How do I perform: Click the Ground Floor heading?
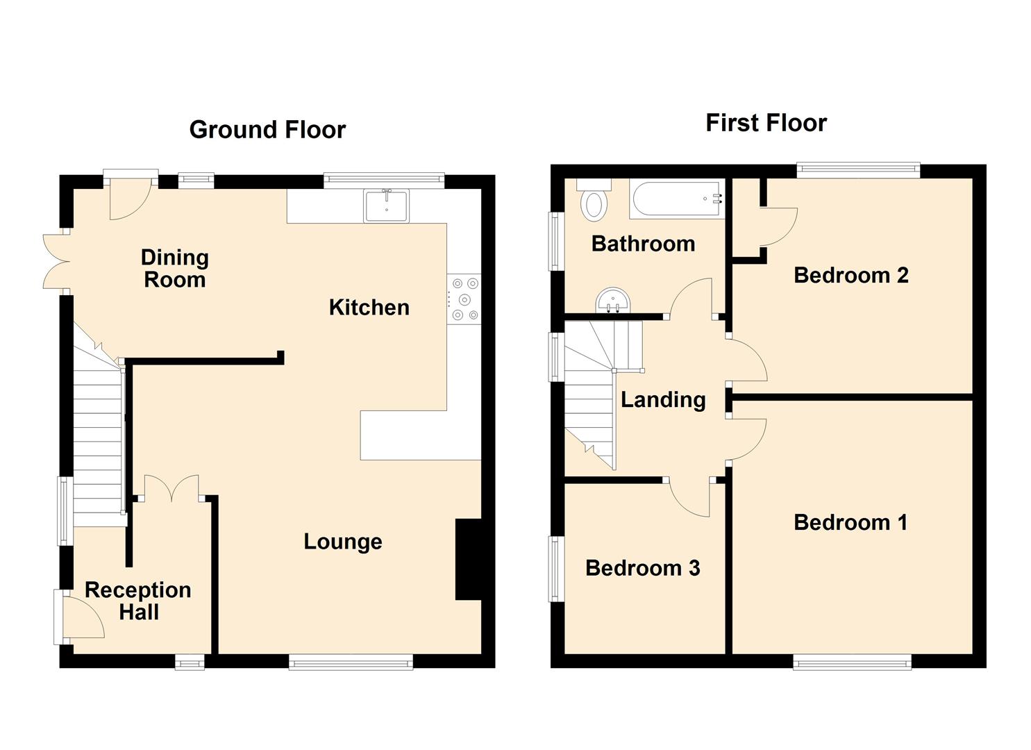(x=267, y=130)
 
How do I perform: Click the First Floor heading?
(x=766, y=123)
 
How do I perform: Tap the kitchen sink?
(x=387, y=205)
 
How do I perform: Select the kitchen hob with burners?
(x=464, y=299)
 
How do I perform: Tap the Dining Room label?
(x=174, y=269)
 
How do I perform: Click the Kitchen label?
(x=369, y=307)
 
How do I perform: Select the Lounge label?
(x=342, y=542)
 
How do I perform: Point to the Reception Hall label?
(x=138, y=601)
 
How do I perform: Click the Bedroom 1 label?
(x=850, y=522)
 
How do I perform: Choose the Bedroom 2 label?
(x=850, y=275)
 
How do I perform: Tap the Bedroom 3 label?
(x=642, y=568)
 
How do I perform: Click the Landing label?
(x=662, y=399)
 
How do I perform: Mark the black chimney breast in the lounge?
(x=468, y=559)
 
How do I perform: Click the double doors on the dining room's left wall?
(x=56, y=261)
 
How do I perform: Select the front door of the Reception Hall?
(x=82, y=618)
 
